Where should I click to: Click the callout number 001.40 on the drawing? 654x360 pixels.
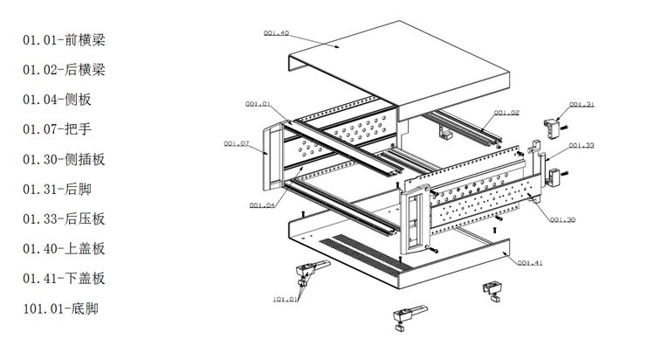click(276, 33)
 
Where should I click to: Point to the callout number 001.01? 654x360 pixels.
click(258, 104)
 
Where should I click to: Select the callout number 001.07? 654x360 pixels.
click(236, 142)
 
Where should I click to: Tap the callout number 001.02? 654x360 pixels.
click(506, 113)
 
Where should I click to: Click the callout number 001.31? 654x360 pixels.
click(582, 105)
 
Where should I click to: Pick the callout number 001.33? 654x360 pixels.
click(582, 145)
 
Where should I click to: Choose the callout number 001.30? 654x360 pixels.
click(562, 219)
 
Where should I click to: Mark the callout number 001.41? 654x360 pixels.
click(530, 261)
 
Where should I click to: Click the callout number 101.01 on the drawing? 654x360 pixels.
click(285, 300)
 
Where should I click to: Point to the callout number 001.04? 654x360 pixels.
click(262, 205)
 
